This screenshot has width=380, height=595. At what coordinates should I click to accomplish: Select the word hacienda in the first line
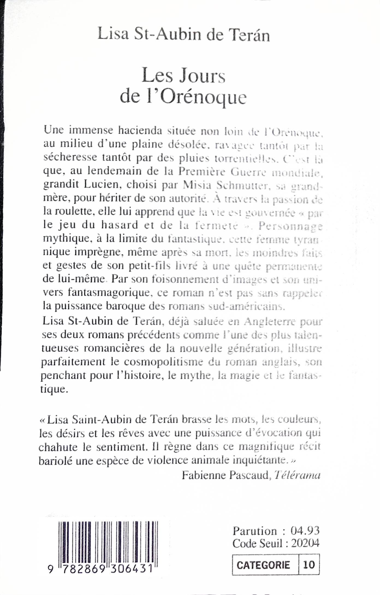[x=140, y=130]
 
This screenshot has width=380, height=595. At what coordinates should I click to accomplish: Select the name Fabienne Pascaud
[x=225, y=475]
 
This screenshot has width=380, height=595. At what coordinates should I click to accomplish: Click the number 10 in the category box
[x=309, y=564]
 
